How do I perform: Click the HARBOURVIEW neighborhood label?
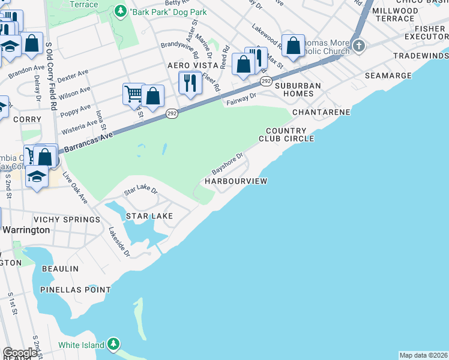(236, 181)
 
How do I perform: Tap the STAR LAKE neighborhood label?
(149, 216)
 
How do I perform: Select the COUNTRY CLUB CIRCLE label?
(286, 135)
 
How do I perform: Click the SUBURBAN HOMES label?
(298, 90)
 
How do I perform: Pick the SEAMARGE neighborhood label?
(388, 76)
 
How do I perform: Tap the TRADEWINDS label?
(421, 56)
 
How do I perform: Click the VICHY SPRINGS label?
(67, 220)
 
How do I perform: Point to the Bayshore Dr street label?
(227, 162)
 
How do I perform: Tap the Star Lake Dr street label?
(140, 191)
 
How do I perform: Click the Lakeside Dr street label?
(119, 242)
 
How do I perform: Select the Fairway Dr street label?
(241, 99)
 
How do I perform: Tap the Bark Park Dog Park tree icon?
(121, 11)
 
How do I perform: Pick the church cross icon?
(359, 46)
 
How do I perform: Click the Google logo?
(20, 353)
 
